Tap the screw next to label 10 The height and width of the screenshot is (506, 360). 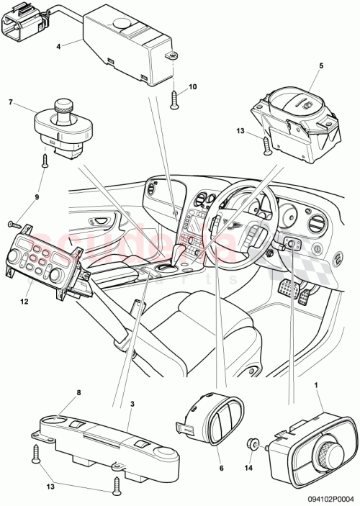click(173, 99)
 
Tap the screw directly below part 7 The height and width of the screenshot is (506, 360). click(45, 160)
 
